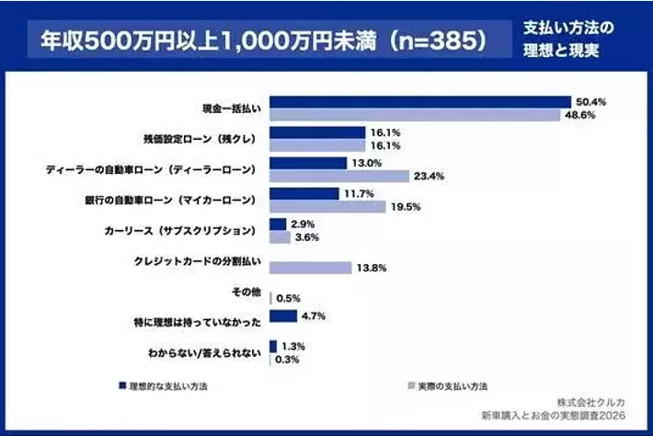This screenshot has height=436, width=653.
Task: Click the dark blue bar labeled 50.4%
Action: (x=421, y=101)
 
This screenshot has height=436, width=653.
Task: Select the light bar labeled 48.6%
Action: (x=416, y=115)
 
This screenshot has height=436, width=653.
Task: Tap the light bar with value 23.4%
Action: (x=339, y=176)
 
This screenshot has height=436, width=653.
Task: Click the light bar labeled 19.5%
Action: (x=327, y=207)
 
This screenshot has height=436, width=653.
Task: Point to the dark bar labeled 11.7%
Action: (x=304, y=194)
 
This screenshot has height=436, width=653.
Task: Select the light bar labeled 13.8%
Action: (x=311, y=268)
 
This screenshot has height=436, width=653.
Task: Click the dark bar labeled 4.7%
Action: (x=283, y=316)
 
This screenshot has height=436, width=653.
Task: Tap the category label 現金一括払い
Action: (x=232, y=109)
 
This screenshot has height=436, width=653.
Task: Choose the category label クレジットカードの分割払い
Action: (x=199, y=261)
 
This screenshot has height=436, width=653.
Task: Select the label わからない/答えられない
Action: (x=204, y=352)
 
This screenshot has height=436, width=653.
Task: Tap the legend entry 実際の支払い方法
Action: (x=447, y=386)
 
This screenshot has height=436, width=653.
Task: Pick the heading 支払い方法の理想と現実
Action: (x=560, y=40)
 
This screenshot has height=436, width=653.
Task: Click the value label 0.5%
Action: (x=288, y=298)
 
